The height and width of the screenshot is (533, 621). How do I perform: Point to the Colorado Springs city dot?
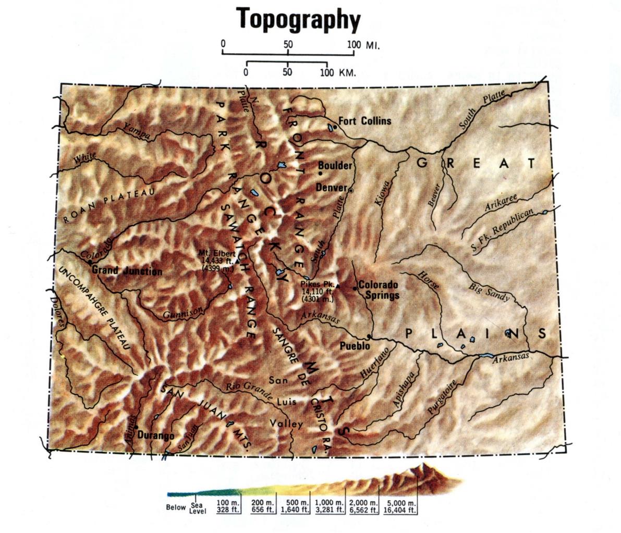355,288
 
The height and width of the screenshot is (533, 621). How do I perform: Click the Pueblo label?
355,345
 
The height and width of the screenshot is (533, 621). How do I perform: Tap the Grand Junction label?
127,271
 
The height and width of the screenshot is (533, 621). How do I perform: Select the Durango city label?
156,436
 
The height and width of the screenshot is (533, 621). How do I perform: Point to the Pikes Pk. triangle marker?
337,286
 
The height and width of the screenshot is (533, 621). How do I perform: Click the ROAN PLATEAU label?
109,206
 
